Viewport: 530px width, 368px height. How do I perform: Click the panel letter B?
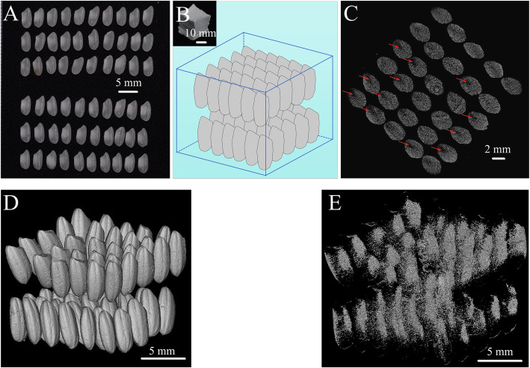pos(182,13)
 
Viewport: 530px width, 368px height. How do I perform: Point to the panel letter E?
pos(331,203)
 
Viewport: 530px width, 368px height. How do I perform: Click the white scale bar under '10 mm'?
pos(200,42)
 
